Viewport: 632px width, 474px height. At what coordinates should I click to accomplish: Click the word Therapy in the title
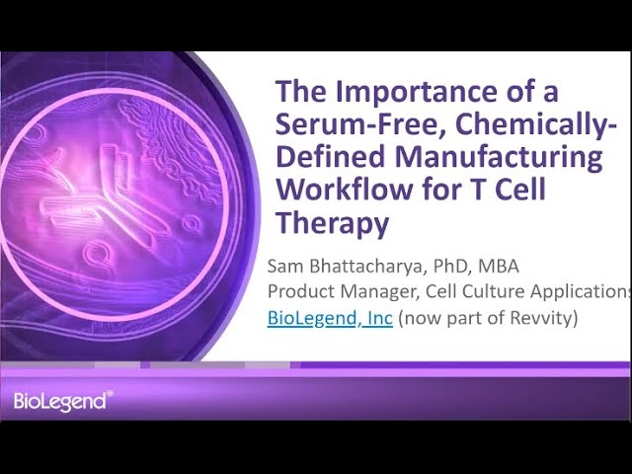[x=331, y=224]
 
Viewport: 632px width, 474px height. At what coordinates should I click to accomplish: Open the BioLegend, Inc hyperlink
[x=330, y=320]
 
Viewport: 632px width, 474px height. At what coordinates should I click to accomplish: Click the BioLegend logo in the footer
[x=62, y=400]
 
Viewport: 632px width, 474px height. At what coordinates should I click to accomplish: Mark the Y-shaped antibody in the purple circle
[x=94, y=193]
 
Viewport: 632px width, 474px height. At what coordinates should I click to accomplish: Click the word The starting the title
[x=299, y=93]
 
